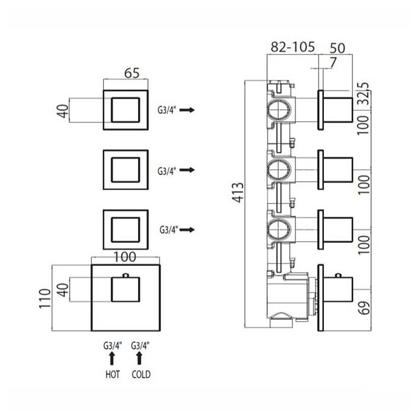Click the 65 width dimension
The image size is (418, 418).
[132, 73]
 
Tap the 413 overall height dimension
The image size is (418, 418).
[237, 193]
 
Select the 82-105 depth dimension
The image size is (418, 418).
[293, 47]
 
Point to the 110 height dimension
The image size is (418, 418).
[45, 298]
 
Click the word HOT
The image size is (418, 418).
[113, 374]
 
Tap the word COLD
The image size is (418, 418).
[141, 374]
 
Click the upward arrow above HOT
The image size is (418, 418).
[112, 358]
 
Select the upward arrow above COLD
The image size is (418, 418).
[139, 358]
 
